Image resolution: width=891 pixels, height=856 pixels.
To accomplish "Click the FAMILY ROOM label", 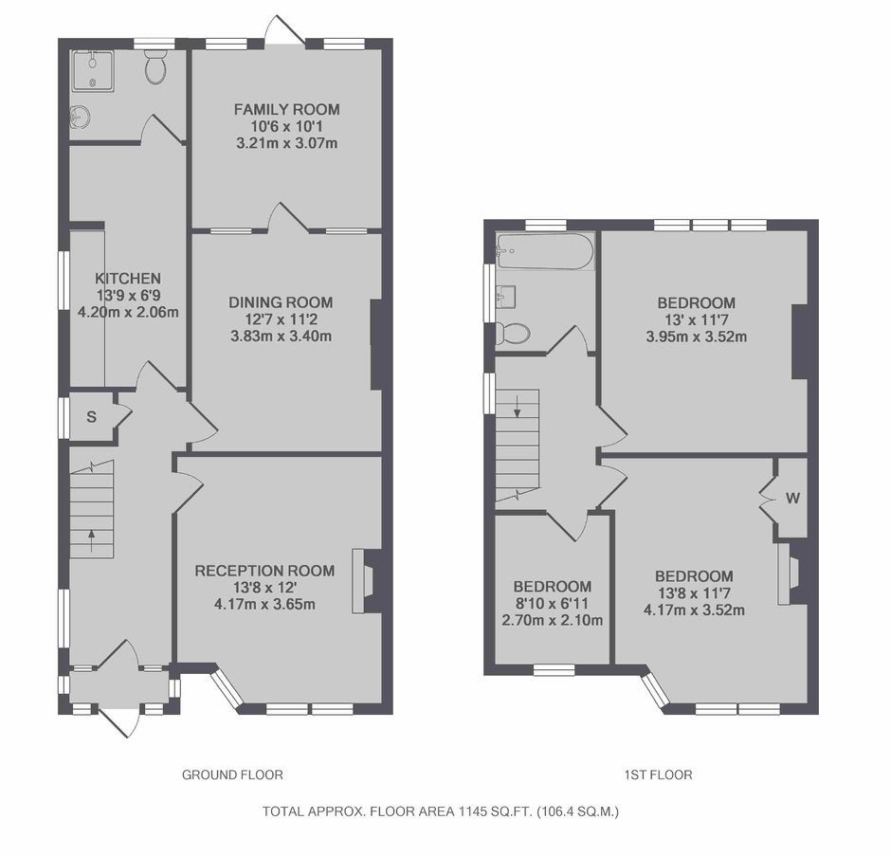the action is [x=287, y=109].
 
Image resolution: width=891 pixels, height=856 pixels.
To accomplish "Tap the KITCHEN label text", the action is [x=128, y=279].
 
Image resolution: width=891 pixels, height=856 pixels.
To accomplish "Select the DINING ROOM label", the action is [x=281, y=302].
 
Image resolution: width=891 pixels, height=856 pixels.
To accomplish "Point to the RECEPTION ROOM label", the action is [x=264, y=571].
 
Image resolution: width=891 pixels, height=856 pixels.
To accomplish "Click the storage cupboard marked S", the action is [x=92, y=417].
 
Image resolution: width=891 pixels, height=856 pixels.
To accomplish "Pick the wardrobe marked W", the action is [x=792, y=499].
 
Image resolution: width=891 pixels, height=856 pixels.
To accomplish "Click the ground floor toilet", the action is [x=155, y=67].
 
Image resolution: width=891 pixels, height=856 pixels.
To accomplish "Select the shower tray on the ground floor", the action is [x=92, y=70].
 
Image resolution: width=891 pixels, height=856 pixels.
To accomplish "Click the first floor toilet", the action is [x=513, y=333].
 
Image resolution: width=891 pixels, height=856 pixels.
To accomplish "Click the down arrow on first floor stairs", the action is [x=518, y=408].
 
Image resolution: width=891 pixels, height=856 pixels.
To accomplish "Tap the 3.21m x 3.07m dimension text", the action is [x=287, y=142].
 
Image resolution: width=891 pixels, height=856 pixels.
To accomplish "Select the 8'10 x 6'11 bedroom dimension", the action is [x=553, y=604].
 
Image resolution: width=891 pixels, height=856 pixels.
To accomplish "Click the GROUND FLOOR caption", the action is [x=232, y=774].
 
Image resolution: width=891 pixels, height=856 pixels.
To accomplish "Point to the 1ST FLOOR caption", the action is [x=658, y=774].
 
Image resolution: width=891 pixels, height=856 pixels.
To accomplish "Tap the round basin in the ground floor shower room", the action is [x=79, y=117].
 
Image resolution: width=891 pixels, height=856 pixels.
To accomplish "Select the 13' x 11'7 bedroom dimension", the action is [x=697, y=320].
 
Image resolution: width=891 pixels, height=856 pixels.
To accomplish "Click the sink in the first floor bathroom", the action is [x=506, y=296].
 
